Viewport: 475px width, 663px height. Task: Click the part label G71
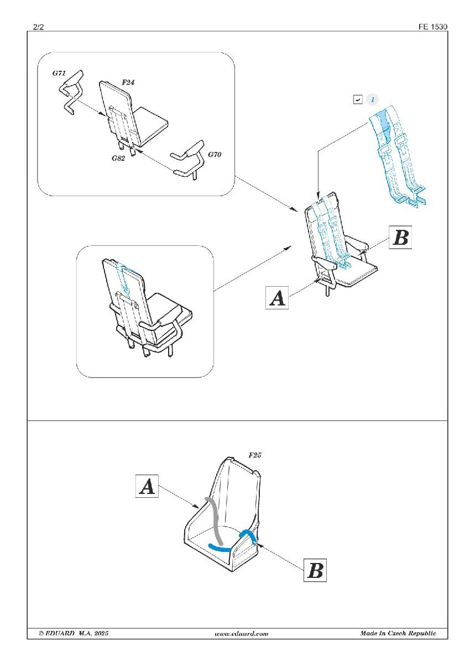(59, 73)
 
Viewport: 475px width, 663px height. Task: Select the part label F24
(128, 82)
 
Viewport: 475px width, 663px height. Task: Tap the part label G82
(118, 158)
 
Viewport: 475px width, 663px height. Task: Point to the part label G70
(215, 154)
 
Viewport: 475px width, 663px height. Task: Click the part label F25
(255, 455)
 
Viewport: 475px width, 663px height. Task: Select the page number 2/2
(39, 27)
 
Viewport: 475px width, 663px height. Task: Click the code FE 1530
(432, 27)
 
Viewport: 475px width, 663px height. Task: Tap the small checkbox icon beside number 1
(358, 99)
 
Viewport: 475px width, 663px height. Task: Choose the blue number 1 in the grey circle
(373, 99)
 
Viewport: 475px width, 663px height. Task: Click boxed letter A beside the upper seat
(277, 298)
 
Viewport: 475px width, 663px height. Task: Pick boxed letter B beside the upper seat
(400, 237)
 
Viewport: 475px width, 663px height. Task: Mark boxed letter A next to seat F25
(147, 486)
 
